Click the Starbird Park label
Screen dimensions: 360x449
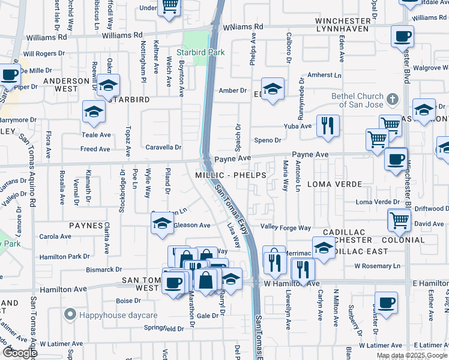coord(205,52)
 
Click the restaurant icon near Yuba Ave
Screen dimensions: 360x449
coord(327,125)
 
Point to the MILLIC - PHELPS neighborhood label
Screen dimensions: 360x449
coord(231,175)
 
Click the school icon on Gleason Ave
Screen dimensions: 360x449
coord(161,224)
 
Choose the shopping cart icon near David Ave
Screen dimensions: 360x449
coord(399,220)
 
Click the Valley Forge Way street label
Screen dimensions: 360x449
coord(285,228)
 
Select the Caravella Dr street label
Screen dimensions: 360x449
coord(163,147)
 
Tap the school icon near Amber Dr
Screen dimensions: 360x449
coord(273,90)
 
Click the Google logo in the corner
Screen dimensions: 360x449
coord(20,353)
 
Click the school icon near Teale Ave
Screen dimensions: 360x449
coord(94,112)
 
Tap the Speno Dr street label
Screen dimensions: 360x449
coord(268,140)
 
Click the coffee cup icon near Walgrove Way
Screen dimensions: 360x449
coord(402,36)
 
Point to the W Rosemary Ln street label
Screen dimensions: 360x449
coord(377,266)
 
